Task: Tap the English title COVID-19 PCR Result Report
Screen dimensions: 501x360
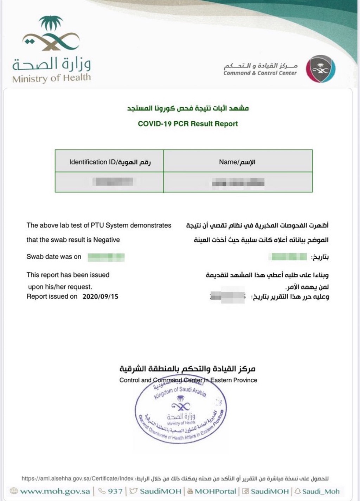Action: (188, 124)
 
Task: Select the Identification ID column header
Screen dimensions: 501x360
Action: (109, 162)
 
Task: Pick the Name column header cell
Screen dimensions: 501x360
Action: (238, 162)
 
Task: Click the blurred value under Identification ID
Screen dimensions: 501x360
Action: (112, 182)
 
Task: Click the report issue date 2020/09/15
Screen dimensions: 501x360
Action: (100, 297)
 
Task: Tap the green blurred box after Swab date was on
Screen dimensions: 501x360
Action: (106, 257)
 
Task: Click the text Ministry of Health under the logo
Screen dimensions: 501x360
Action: (51, 78)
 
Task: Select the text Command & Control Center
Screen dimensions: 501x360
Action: (260, 73)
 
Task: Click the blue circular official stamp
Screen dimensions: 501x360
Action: (180, 412)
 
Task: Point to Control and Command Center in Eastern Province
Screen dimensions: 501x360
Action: (188, 380)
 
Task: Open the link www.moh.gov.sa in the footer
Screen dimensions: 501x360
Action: (55, 491)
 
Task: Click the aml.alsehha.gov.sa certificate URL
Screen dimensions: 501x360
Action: (78, 478)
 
